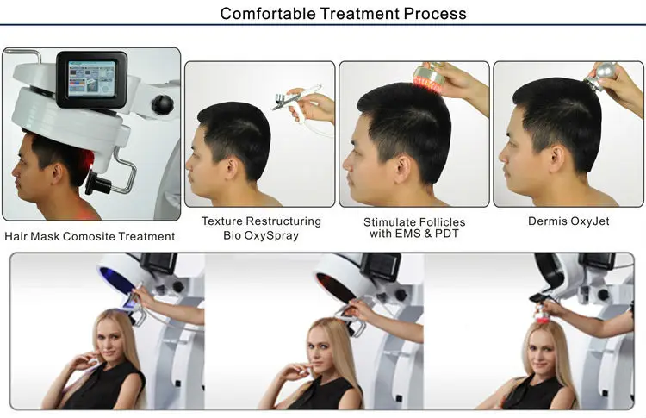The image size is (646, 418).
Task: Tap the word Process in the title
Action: click(x=435, y=14)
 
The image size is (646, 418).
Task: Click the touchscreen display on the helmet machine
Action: click(x=91, y=78)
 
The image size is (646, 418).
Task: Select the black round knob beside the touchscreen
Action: click(x=162, y=104)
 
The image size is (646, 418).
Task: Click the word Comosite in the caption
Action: click(x=89, y=237)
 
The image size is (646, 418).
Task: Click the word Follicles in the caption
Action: click(x=441, y=222)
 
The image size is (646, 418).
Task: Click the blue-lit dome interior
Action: click(x=116, y=280)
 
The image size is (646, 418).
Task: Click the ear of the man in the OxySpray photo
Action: click(x=232, y=168)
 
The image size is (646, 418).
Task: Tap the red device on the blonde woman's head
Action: click(x=542, y=316)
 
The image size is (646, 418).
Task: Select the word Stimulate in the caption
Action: click(x=388, y=222)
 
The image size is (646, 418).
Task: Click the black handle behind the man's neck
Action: click(x=96, y=183)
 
